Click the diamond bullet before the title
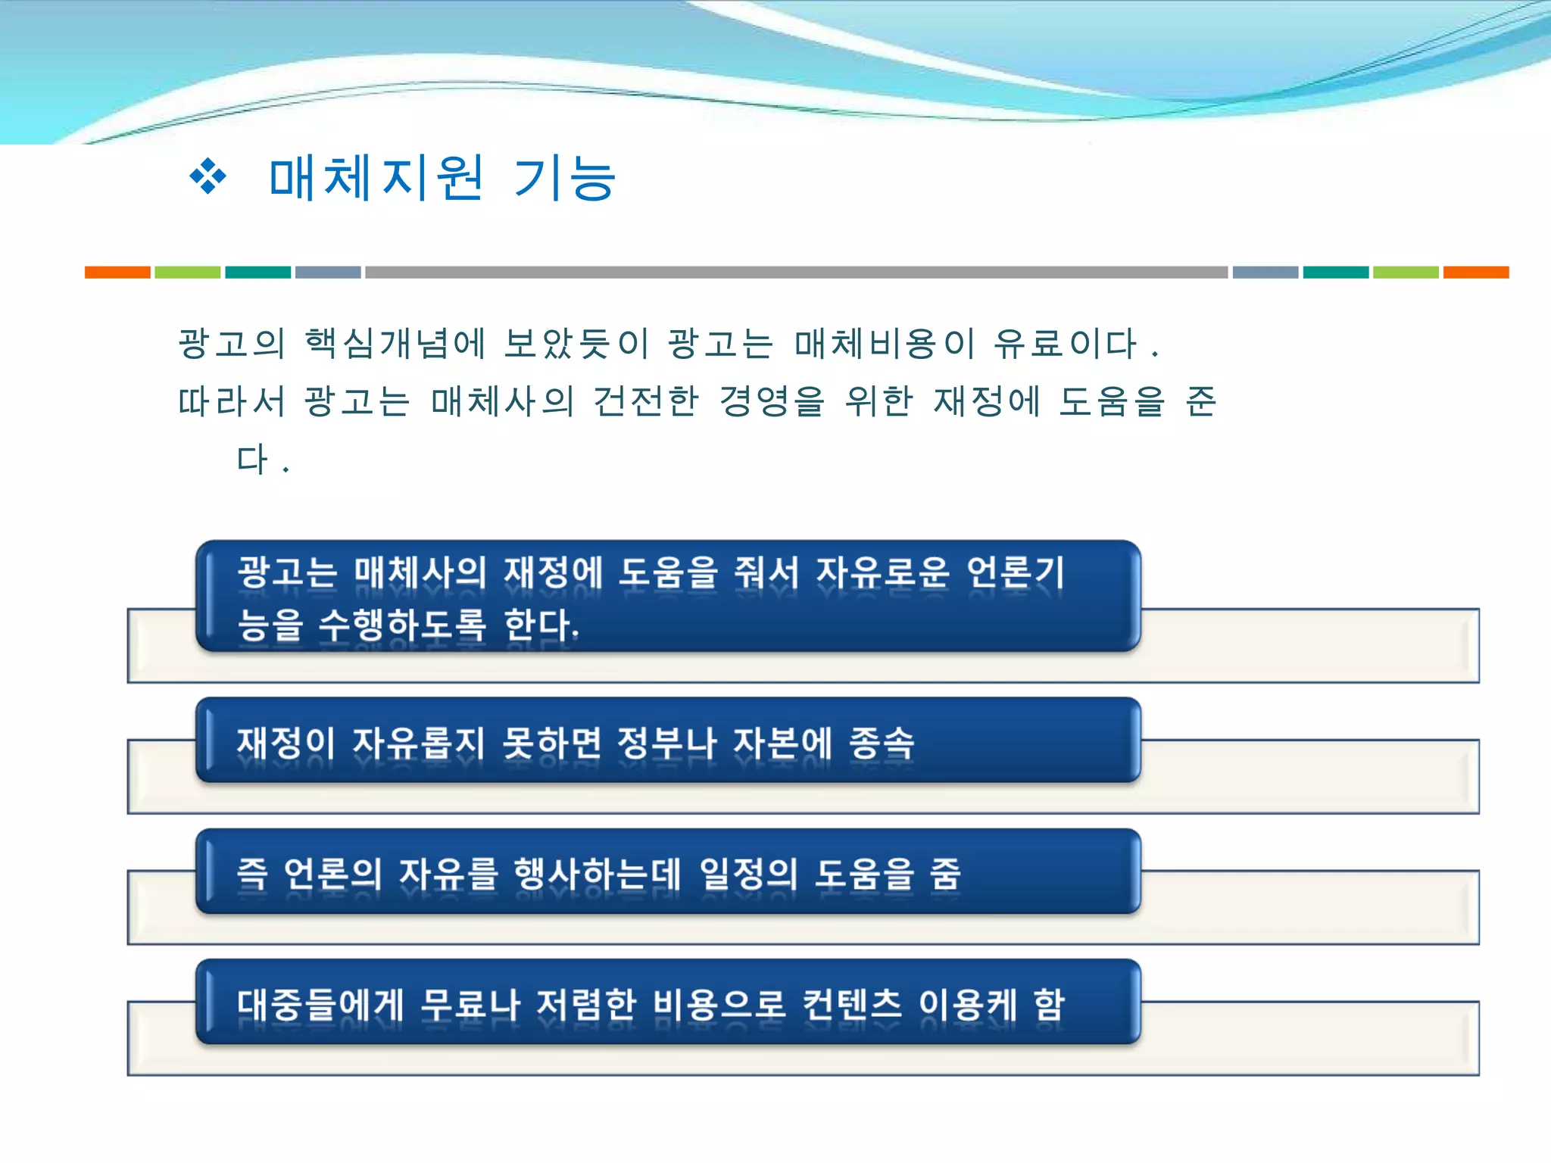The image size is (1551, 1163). pos(208,178)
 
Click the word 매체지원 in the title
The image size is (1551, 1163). pos(376,178)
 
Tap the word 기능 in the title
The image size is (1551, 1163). pos(564,179)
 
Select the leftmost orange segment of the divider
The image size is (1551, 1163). pos(117,273)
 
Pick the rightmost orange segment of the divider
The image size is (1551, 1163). pos(1475,273)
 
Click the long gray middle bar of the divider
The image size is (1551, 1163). pos(795,273)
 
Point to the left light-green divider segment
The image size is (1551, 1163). pos(187,273)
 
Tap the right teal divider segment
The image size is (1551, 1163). pos(1335,273)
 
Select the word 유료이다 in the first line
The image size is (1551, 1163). pos(1065,344)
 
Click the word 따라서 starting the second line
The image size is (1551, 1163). pos(231,401)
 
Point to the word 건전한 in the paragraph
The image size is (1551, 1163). pos(645,401)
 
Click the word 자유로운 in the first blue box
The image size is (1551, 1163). pos(882,572)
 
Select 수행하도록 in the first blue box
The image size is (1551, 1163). pos(402,625)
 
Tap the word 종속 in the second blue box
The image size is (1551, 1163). pos(882,743)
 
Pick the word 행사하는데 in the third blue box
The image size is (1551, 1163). pos(597,874)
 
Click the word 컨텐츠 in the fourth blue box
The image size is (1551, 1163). pos(852,1005)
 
